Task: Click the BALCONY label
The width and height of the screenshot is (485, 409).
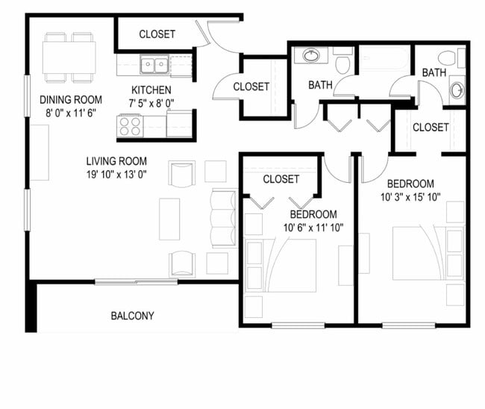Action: [132, 316]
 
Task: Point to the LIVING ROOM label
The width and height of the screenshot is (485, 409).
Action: [116, 160]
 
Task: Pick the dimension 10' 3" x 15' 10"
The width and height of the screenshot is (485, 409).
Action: [410, 198]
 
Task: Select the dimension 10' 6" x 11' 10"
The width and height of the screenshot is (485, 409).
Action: [313, 228]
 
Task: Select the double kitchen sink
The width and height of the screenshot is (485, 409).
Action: [154, 65]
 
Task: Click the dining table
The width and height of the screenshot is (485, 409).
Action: [69, 57]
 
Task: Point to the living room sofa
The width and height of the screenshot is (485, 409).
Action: [223, 218]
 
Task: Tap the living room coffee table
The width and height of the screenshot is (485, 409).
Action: [169, 218]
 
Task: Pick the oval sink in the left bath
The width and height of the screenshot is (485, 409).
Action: [310, 55]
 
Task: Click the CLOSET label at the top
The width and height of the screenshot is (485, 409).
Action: [157, 34]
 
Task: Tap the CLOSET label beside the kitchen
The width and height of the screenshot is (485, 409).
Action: [251, 87]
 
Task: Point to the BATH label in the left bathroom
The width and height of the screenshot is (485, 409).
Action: [320, 85]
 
